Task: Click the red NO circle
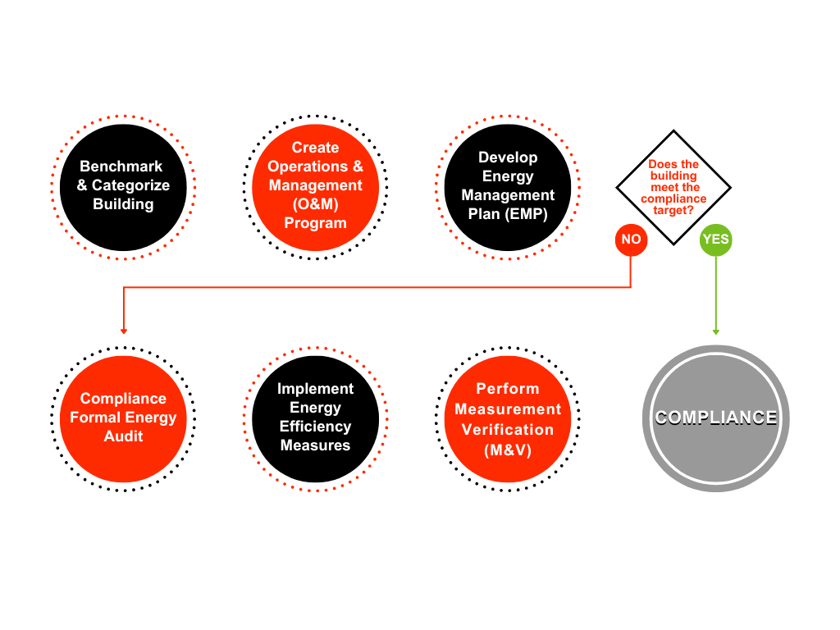pyautogui.click(x=631, y=240)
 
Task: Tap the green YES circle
pyautogui.click(x=715, y=240)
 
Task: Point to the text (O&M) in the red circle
pyautogui.click(x=315, y=204)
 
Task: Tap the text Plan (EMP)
pyautogui.click(x=508, y=214)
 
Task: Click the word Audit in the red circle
pyautogui.click(x=123, y=436)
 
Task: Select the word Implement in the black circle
pyautogui.click(x=315, y=389)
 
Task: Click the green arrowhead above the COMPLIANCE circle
pyautogui.click(x=715, y=331)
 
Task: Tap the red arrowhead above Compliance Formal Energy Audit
pyautogui.click(x=123, y=331)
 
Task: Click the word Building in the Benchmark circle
pyautogui.click(x=123, y=204)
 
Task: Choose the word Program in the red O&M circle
pyautogui.click(x=315, y=223)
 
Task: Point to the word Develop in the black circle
pyautogui.click(x=508, y=157)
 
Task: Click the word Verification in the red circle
pyautogui.click(x=508, y=429)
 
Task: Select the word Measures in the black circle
pyautogui.click(x=315, y=445)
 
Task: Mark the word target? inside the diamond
pyautogui.click(x=673, y=210)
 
